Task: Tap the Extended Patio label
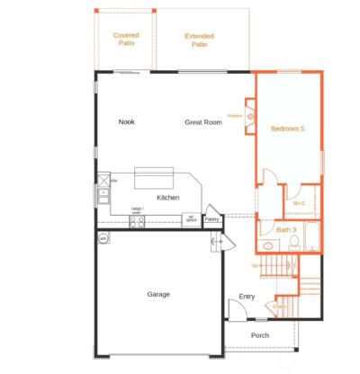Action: (199, 40)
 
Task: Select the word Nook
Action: (126, 121)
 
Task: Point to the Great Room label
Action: (203, 121)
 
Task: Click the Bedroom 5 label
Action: (287, 129)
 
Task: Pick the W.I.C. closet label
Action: (300, 202)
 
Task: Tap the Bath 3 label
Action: (286, 230)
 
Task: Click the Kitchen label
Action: (168, 198)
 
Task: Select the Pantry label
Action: (212, 218)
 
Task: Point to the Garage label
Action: (158, 293)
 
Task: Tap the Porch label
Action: (259, 335)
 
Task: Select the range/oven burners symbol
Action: (137, 221)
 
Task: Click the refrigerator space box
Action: (191, 218)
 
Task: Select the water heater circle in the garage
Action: (103, 237)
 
